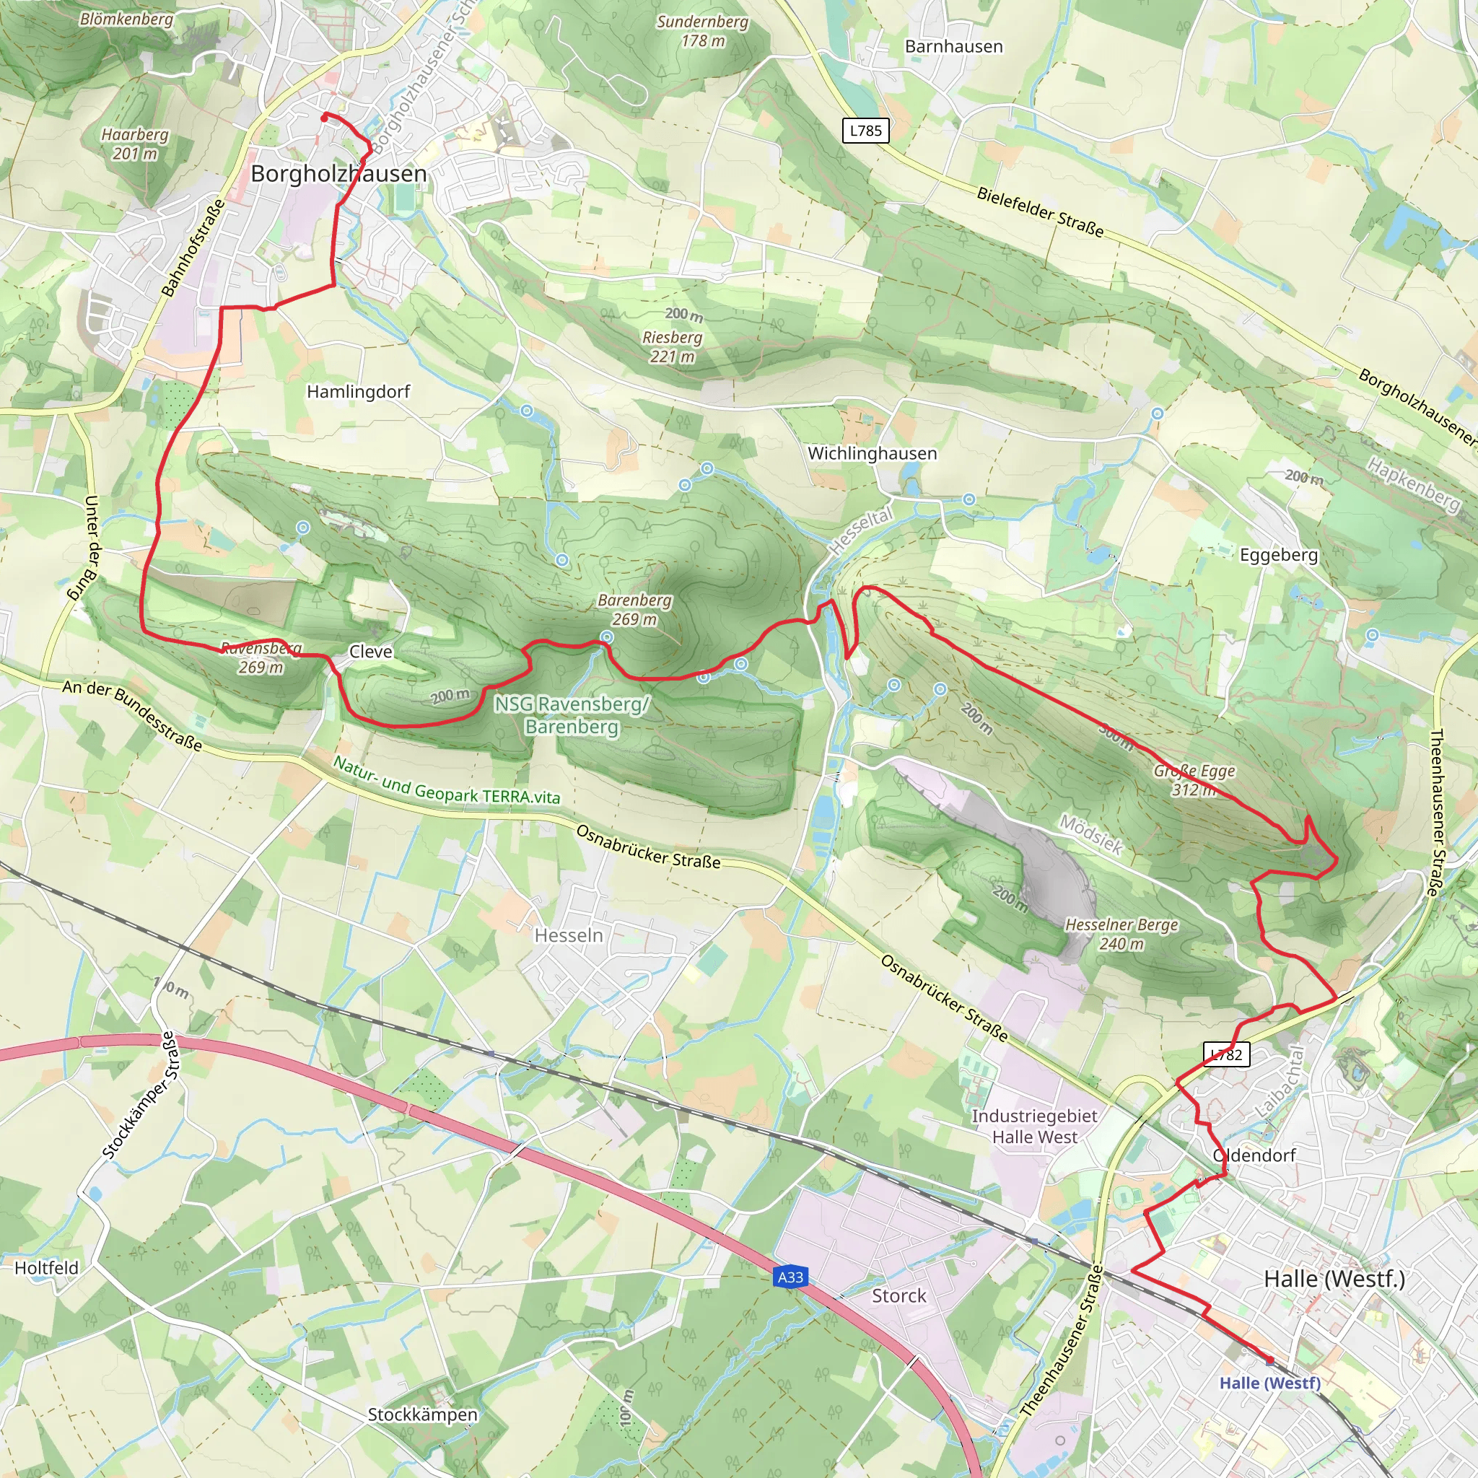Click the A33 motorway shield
pos(790,1277)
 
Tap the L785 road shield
pos(866,131)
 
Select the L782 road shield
pos(1227,1055)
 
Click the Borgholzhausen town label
pos(339,174)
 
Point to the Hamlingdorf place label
pos(358,392)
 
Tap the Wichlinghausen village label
pos(872,453)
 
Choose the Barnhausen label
pos(953,47)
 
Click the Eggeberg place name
pos(1278,555)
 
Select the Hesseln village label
pos(569,935)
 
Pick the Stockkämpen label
pos(422,1414)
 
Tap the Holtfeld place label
pos(47,1267)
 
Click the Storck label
pos(899,1296)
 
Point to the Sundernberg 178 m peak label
pos(702,31)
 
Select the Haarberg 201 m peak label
pos(135,144)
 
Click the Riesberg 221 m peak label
pos(673,346)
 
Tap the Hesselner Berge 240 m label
pos(1121,934)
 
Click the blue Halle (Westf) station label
pos(1270,1383)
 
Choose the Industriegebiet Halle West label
pos(1034,1126)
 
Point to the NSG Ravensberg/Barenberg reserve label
pos(572,714)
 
